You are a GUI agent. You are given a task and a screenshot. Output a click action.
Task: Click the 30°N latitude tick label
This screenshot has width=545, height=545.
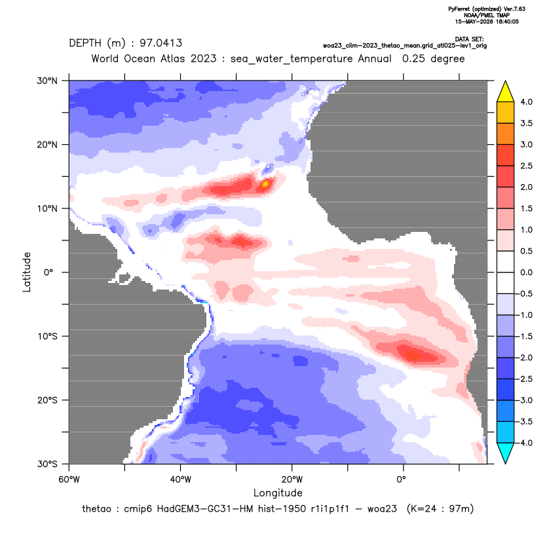tap(47, 81)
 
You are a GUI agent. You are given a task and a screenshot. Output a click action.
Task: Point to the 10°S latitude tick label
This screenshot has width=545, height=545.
tap(47, 337)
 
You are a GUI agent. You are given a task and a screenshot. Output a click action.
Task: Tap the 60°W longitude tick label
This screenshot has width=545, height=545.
tap(69, 479)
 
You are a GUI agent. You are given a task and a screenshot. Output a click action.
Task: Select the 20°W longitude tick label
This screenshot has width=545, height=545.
tap(292, 479)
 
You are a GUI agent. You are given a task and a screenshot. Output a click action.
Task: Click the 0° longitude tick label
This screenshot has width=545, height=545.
tap(402, 479)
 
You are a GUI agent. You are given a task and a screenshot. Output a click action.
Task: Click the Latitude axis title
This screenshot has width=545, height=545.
tap(27, 272)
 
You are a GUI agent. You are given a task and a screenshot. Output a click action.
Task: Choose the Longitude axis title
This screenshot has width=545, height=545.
tap(278, 493)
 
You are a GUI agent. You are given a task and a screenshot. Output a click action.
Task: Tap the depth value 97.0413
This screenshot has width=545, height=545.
tap(160, 43)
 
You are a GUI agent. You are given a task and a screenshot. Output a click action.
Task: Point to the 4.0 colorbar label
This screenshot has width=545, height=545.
tap(526, 102)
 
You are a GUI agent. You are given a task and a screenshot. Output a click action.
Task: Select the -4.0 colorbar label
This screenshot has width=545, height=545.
tap(525, 443)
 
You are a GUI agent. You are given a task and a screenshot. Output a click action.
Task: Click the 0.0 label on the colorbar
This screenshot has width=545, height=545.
tap(526, 272)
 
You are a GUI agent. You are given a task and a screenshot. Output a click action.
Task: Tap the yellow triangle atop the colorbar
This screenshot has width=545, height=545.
tap(506, 92)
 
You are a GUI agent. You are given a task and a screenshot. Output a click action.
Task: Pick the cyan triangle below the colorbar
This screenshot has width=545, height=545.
tap(506, 453)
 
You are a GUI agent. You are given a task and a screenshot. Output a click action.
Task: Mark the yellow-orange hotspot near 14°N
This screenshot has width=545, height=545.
tap(265, 184)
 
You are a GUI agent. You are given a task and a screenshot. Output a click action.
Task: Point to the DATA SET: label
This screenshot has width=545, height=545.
tap(469, 39)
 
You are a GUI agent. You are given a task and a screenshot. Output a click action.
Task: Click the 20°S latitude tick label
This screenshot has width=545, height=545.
tap(47, 400)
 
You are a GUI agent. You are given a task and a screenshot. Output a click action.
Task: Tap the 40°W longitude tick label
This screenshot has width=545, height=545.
tap(180, 479)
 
